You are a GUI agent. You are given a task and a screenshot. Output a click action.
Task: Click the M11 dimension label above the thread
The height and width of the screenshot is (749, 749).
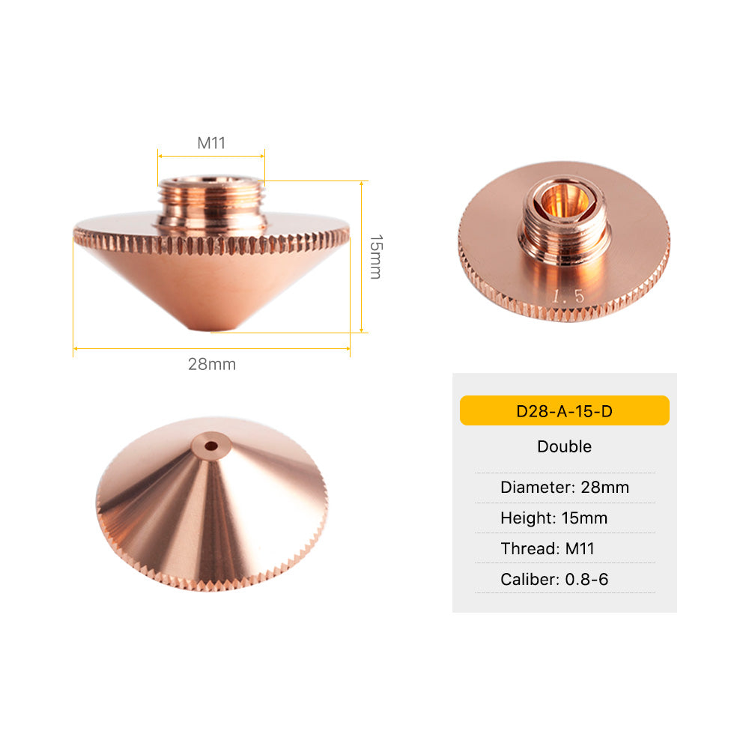(x=211, y=143)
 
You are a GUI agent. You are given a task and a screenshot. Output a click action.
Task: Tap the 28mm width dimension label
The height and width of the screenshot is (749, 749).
(x=212, y=364)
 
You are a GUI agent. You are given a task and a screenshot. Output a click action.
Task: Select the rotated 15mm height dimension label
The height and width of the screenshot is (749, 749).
(x=376, y=256)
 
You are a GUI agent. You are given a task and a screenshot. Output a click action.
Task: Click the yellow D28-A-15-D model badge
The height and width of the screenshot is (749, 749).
(x=564, y=410)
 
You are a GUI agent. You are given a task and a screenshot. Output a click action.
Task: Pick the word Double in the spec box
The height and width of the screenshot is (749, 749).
(x=564, y=446)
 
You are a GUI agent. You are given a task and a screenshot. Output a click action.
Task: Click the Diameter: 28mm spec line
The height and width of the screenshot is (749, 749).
(x=565, y=488)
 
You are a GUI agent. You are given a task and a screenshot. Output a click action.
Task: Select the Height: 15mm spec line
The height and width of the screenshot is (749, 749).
(x=554, y=518)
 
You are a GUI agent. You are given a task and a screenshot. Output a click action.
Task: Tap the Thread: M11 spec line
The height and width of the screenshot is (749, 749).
(x=548, y=548)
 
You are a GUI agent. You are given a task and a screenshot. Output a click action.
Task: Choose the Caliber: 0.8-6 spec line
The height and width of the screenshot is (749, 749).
(x=554, y=580)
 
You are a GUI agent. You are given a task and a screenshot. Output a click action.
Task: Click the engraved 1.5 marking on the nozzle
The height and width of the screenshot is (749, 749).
(x=568, y=296)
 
